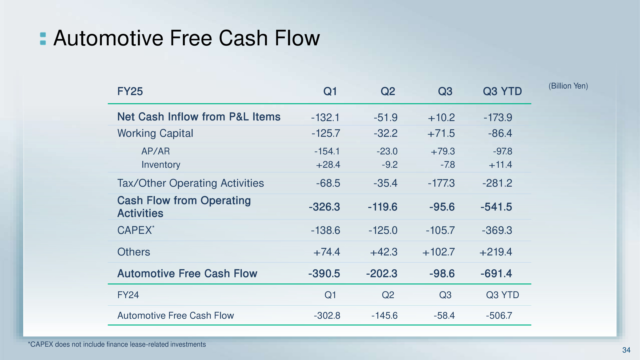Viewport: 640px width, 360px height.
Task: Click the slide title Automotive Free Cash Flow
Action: click(x=187, y=38)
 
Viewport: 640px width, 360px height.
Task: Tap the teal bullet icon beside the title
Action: click(x=43, y=39)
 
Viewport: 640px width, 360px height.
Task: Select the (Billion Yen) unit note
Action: click(x=568, y=86)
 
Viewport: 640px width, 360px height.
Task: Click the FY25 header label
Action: click(x=130, y=91)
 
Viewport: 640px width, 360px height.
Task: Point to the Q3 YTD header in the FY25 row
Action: click(x=502, y=91)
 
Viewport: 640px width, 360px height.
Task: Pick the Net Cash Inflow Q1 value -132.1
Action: click(x=325, y=117)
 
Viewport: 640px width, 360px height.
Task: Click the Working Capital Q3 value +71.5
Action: click(x=441, y=133)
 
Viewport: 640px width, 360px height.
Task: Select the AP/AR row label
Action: click(x=156, y=151)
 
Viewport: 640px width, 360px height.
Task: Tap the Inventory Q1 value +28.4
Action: click(x=328, y=165)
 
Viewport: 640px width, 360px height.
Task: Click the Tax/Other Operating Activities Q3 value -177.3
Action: click(x=441, y=183)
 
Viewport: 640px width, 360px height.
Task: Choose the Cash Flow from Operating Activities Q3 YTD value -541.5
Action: click(x=496, y=207)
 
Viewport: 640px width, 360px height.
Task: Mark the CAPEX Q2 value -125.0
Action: click(x=383, y=230)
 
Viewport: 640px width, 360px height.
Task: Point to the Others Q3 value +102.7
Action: click(x=439, y=252)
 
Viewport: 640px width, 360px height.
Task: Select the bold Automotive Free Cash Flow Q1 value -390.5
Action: click(x=324, y=274)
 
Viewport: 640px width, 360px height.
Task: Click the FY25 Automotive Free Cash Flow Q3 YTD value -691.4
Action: click(x=496, y=274)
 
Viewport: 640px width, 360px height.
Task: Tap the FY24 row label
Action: click(x=128, y=295)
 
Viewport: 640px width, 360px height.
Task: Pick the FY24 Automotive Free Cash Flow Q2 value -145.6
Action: click(x=385, y=316)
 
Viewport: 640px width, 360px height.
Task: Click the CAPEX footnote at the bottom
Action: click(x=117, y=345)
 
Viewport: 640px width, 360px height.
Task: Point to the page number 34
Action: click(x=626, y=350)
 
